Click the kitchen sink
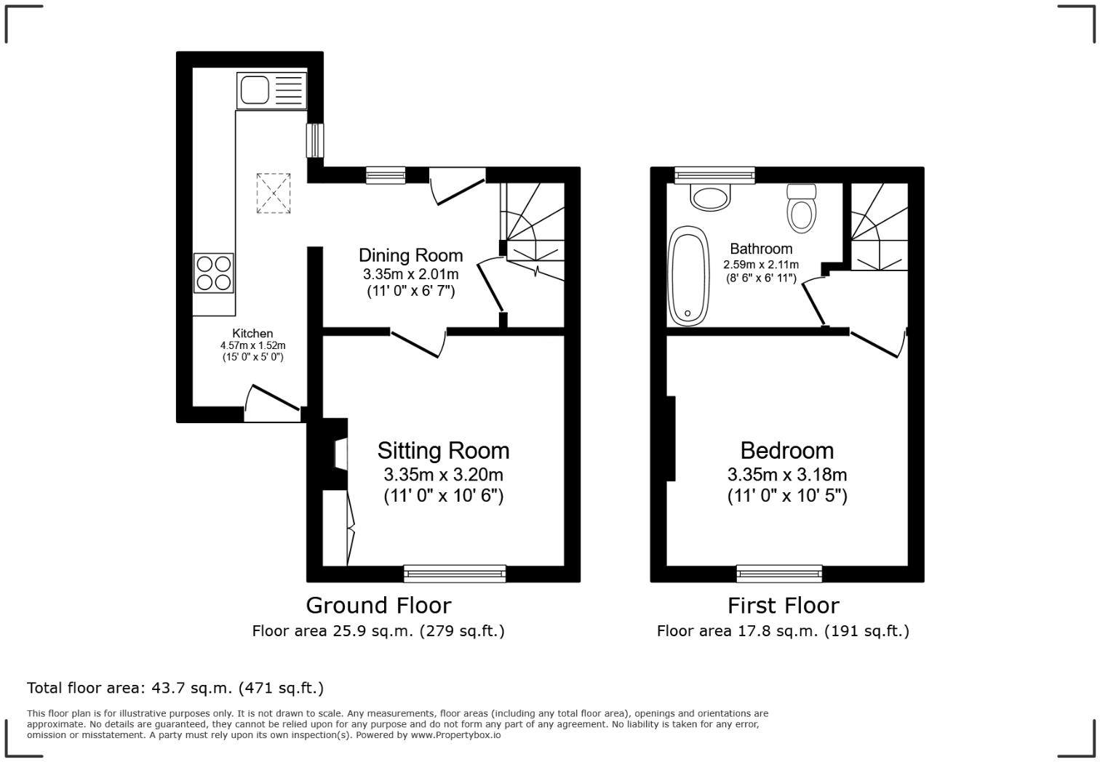[271, 91]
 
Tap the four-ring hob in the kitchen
[213, 273]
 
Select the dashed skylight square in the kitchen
[273, 193]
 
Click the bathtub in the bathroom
[687, 276]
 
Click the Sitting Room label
[443, 451]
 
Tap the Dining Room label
[410, 255]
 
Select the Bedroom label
[786, 451]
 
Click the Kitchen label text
[252, 333]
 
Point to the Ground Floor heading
[378, 605]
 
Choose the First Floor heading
[783, 605]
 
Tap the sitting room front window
[455, 574]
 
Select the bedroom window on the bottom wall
[779, 574]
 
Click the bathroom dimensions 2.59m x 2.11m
[761, 265]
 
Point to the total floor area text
[175, 688]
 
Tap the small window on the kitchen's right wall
[315, 140]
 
